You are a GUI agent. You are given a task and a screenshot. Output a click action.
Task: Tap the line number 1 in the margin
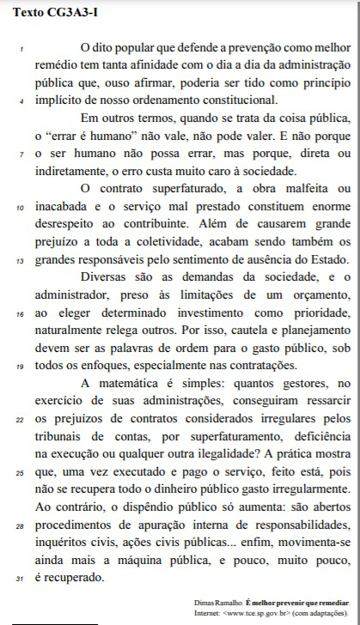coord(21,48)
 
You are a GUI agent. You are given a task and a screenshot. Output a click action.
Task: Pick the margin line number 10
coord(21,208)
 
